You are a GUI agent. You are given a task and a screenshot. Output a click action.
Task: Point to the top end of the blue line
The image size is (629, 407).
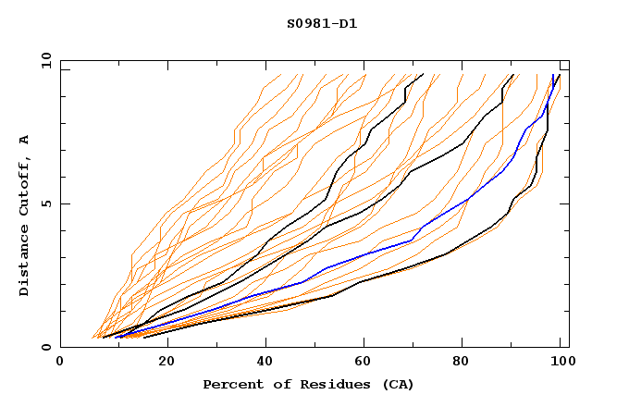tap(553, 75)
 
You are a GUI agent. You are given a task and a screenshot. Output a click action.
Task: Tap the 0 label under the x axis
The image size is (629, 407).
tap(61, 363)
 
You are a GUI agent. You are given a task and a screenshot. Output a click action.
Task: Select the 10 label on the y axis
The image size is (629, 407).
tap(44, 60)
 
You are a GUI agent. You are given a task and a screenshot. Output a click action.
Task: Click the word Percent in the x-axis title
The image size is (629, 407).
tap(231, 384)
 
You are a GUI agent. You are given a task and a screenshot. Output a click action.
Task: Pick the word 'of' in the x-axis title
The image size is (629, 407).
tap(278, 384)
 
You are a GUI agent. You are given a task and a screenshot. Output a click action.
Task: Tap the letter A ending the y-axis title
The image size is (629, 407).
tap(25, 139)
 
